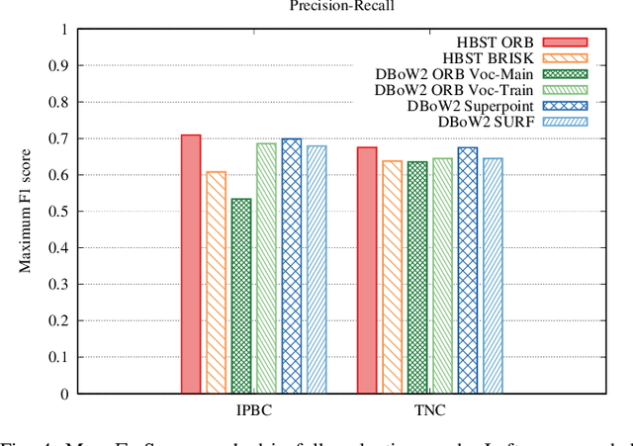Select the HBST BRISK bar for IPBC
click(x=216, y=282)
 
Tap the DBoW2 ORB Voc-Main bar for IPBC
click(x=241, y=296)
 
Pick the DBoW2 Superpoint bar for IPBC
click(x=292, y=266)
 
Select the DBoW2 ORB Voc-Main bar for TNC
click(x=417, y=277)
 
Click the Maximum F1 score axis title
click(x=24, y=212)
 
